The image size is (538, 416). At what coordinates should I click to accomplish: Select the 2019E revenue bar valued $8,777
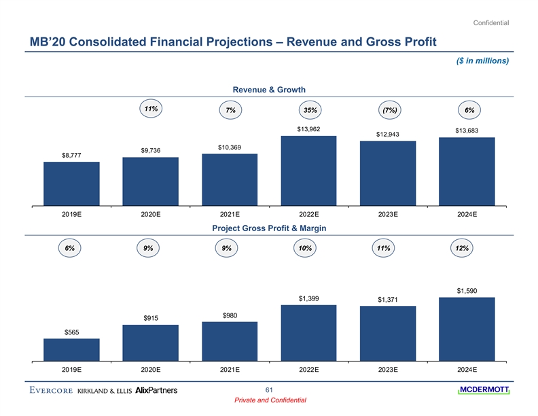pos(71,184)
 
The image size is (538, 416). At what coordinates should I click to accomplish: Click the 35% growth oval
pos(309,110)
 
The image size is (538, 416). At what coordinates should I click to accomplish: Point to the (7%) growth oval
pos(389,110)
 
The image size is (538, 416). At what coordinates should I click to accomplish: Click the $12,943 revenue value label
pos(388,133)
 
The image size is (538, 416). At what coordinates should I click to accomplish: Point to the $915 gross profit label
pos(151,318)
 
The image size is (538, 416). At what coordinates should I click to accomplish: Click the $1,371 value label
pos(388,300)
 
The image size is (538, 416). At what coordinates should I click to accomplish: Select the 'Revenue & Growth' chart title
pos(269,89)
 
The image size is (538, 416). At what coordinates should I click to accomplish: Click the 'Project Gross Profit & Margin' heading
pos(269,228)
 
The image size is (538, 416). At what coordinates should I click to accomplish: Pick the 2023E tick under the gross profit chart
pos(388,370)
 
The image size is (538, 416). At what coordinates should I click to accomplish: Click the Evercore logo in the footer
pos(51,390)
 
